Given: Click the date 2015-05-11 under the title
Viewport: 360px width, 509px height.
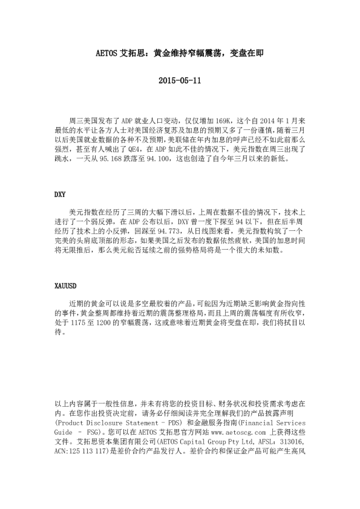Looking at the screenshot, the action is tap(179, 80).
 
